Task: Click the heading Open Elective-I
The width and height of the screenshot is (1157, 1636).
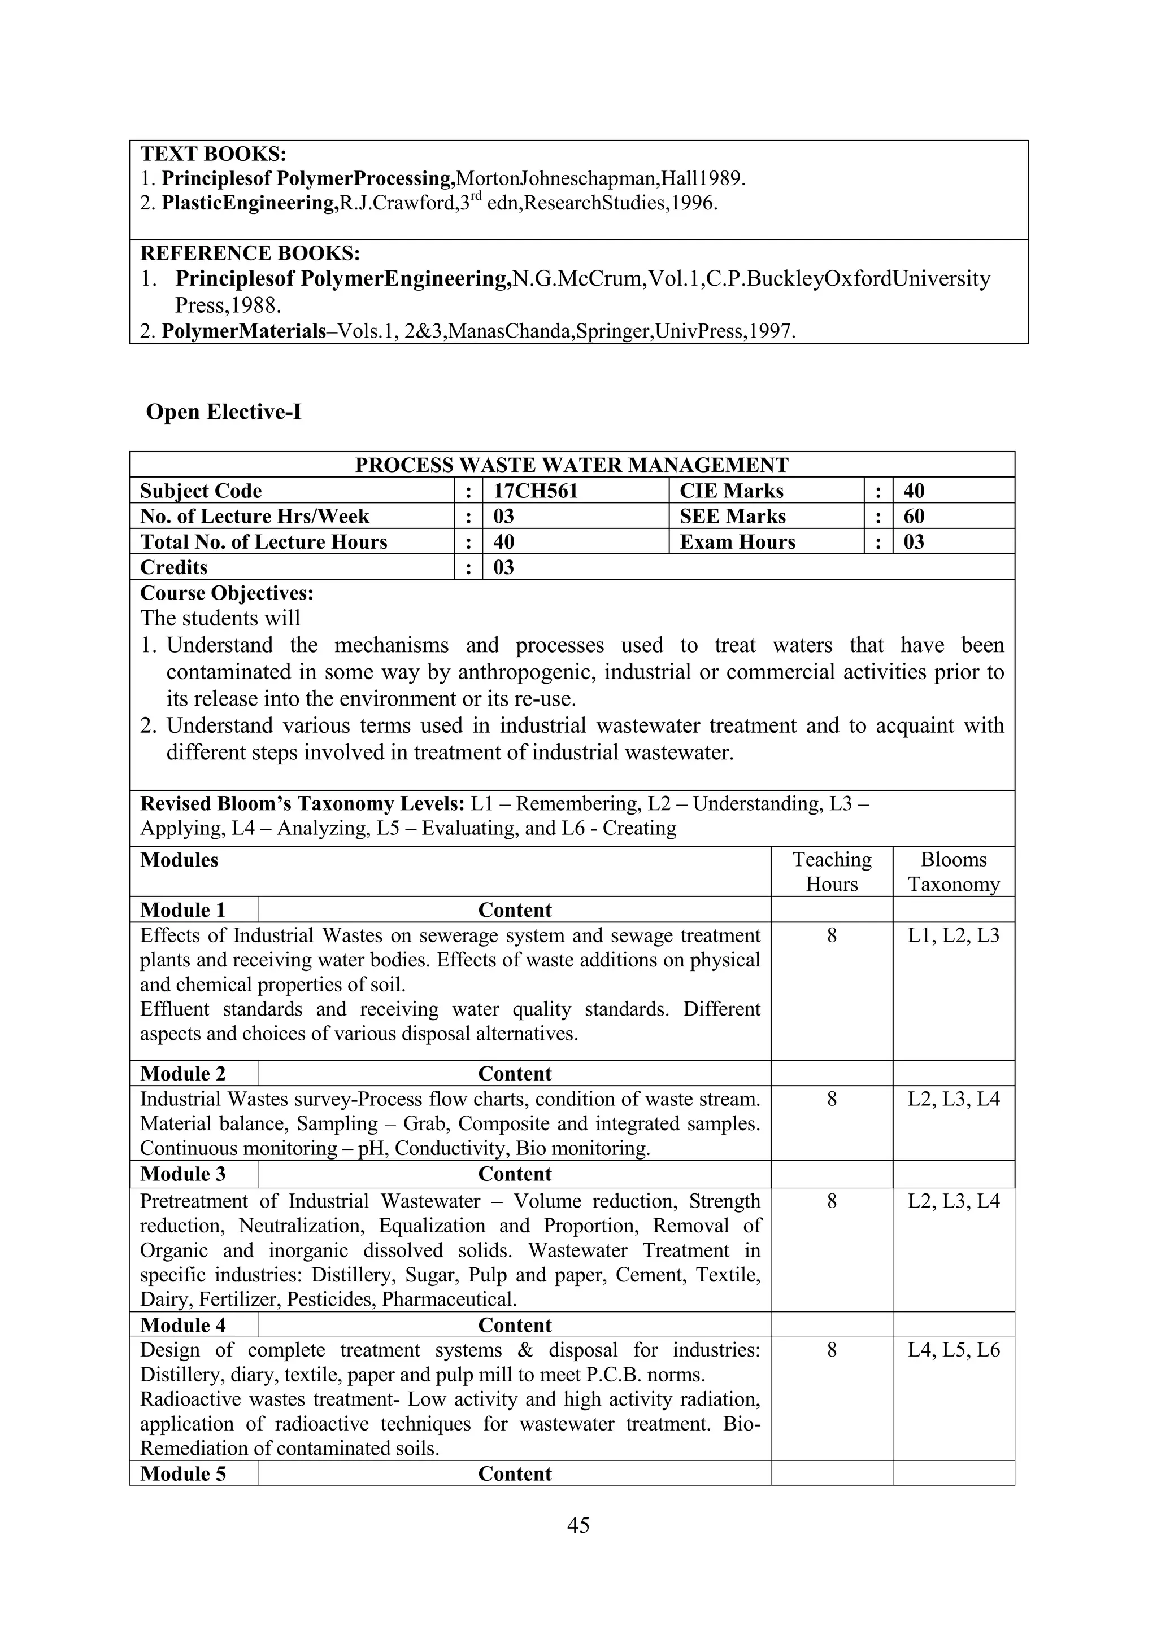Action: (x=223, y=412)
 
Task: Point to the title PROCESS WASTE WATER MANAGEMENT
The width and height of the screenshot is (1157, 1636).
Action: (x=572, y=465)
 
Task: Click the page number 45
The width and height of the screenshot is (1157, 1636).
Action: (x=578, y=1525)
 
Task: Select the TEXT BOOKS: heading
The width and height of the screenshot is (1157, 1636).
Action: (x=213, y=154)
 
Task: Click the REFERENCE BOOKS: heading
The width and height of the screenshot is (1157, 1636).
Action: (x=250, y=253)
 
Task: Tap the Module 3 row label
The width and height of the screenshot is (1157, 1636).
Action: (x=182, y=1174)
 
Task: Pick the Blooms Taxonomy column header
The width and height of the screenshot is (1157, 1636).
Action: (x=953, y=872)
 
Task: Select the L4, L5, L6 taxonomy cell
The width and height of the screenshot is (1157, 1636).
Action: (x=953, y=1350)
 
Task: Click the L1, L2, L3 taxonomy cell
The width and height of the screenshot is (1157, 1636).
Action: (x=953, y=935)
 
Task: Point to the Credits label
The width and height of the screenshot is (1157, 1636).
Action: (x=174, y=568)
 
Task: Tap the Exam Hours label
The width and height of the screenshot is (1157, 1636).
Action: (x=737, y=543)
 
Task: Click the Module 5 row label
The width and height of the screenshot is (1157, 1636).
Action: (x=182, y=1473)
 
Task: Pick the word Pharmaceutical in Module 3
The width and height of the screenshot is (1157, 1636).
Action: (x=449, y=1299)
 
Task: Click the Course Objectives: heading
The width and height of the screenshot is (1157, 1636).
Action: (x=227, y=593)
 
